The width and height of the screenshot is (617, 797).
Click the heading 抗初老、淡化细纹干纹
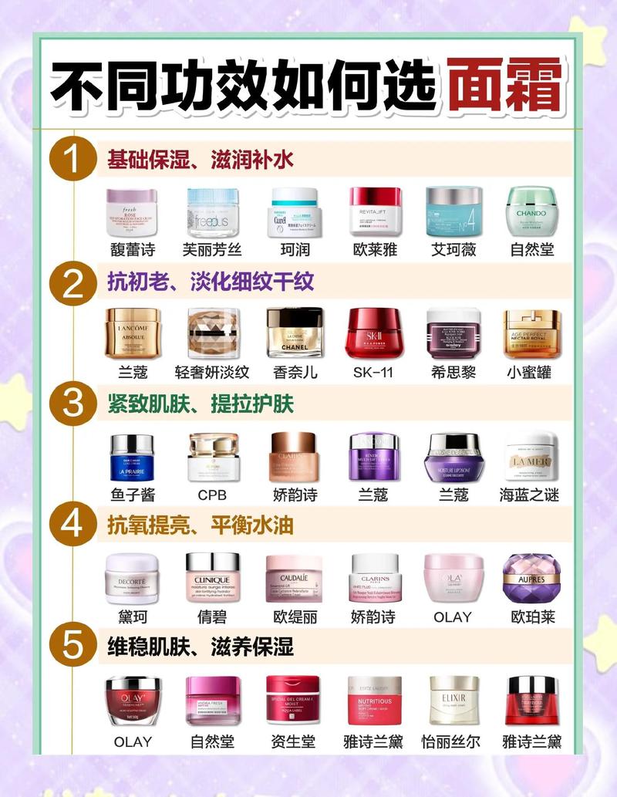pos(210,282)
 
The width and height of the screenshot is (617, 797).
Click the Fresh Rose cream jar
pos(132,212)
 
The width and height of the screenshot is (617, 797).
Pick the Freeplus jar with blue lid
pos(214,212)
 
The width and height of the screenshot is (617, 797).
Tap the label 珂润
pos(294,249)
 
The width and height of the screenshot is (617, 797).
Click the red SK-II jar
pos(374,333)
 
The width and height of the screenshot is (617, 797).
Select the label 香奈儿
pos(295,372)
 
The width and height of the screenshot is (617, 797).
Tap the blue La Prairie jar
pos(132,457)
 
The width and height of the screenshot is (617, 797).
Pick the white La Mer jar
pos(531,457)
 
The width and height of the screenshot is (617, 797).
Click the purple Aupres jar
pos(531,579)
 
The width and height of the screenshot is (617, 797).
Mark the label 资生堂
pos(295,741)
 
